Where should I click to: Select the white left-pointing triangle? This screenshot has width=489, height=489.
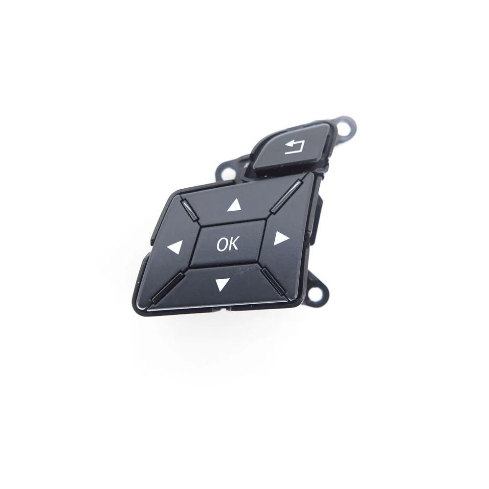click(175, 247)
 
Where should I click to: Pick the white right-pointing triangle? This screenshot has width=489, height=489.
click(280, 238)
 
